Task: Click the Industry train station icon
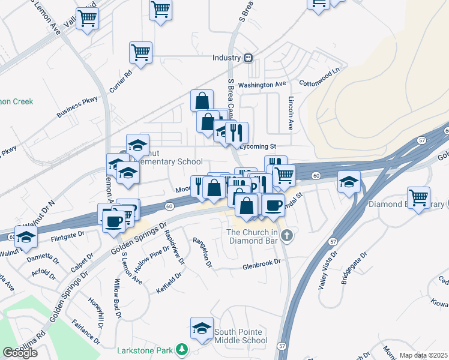(x=247, y=58)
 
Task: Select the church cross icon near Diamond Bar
(x=287, y=235)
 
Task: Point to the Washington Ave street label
(x=262, y=85)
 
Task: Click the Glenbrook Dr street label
(x=262, y=263)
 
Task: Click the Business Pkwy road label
(x=77, y=107)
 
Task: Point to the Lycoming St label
(x=257, y=146)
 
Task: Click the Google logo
(x=20, y=352)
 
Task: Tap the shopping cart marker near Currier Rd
(x=140, y=52)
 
